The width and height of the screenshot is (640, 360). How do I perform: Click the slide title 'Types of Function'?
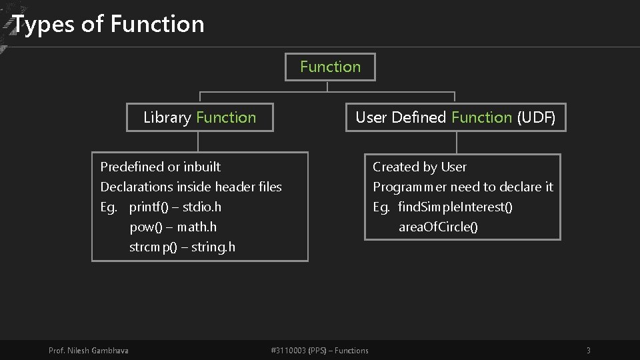(x=109, y=24)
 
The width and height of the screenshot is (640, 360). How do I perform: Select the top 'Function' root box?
(x=330, y=67)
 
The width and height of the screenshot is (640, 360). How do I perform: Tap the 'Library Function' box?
(x=199, y=117)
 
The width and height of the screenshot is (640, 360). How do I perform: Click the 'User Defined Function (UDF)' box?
(x=455, y=117)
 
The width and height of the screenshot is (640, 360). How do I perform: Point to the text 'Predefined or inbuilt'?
(x=160, y=167)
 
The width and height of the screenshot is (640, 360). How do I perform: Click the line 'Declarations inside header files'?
(x=191, y=187)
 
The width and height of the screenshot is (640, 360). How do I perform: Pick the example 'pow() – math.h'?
(x=173, y=227)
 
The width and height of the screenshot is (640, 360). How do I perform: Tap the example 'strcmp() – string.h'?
(x=182, y=247)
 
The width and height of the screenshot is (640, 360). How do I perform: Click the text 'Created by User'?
(x=419, y=167)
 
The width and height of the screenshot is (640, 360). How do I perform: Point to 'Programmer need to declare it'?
(x=463, y=187)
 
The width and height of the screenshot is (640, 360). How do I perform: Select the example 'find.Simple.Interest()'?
(x=455, y=207)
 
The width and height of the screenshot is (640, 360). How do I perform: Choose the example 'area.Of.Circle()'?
(x=438, y=227)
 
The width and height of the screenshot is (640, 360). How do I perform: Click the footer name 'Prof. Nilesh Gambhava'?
(x=89, y=351)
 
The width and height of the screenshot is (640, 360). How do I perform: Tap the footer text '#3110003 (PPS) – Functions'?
(x=320, y=351)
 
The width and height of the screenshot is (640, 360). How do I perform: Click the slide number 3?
(x=588, y=351)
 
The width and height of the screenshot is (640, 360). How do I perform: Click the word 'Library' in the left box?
(x=167, y=117)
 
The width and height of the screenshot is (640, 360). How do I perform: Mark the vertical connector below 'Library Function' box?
(x=198, y=141)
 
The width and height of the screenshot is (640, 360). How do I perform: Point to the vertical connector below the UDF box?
(x=456, y=142)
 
